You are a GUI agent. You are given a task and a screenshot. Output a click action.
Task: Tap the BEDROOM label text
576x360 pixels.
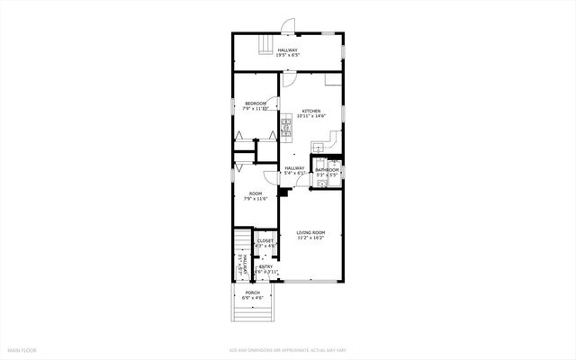tap(256, 103)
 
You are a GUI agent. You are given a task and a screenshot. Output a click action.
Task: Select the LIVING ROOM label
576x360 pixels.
tap(311, 233)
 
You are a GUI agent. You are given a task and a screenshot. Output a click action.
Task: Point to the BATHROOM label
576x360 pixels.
tap(327, 169)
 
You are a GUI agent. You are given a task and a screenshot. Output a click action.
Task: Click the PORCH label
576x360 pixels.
tap(253, 293)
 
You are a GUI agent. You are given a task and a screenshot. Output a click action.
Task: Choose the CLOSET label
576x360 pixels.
tap(265, 241)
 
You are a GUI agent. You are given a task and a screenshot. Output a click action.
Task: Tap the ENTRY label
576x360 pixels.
tap(266, 266)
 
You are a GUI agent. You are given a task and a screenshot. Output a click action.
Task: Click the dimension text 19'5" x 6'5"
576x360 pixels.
tap(288, 55)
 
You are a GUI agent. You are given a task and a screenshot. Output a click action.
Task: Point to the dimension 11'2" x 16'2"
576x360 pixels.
tap(311, 238)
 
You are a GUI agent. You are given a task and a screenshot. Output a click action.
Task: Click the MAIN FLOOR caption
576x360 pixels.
tap(22, 349)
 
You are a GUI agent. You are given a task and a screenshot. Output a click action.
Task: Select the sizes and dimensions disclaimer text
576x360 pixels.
tap(288, 349)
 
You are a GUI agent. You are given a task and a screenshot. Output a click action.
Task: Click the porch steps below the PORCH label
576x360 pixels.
tap(253, 311)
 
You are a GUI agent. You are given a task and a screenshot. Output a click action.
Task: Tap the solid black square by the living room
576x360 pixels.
tap(283, 190)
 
